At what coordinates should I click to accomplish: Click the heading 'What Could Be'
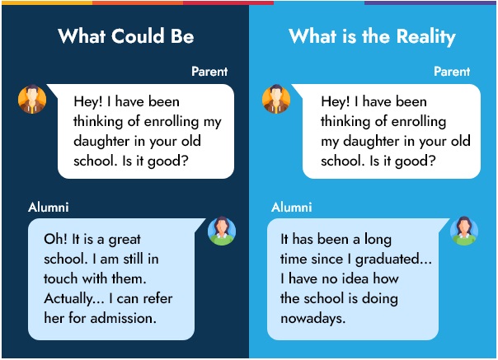pyautogui.click(x=126, y=35)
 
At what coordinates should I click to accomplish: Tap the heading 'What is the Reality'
pyautogui.click(x=372, y=36)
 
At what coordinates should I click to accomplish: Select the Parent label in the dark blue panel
pyautogui.click(x=209, y=72)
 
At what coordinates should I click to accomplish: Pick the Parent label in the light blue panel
pyautogui.click(x=452, y=72)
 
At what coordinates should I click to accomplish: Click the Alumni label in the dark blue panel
pyautogui.click(x=49, y=208)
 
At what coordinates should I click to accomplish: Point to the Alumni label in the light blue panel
pyautogui.click(x=292, y=208)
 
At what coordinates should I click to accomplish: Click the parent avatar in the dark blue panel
pyautogui.click(x=32, y=99)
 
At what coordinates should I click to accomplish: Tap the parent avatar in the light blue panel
pyautogui.click(x=276, y=99)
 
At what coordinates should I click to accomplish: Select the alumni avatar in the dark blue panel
pyautogui.click(x=222, y=231)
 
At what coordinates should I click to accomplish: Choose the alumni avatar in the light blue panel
pyautogui.click(x=464, y=231)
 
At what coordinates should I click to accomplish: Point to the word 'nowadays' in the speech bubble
pyautogui.click(x=312, y=319)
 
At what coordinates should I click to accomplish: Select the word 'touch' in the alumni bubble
pyautogui.click(x=61, y=278)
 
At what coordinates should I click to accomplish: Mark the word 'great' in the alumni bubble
pyautogui.click(x=124, y=240)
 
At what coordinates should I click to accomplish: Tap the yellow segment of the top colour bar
pyautogui.click(x=47, y=2)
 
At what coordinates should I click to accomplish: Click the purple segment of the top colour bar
pyautogui.click(x=430, y=2)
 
